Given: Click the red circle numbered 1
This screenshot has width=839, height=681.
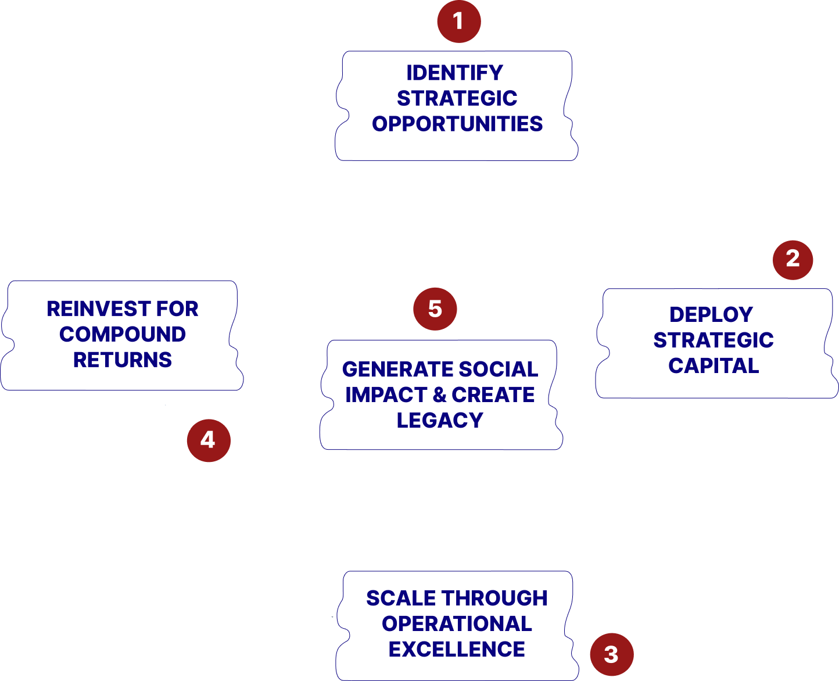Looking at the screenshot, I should [x=458, y=21].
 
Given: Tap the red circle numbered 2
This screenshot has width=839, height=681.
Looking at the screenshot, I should [x=793, y=259].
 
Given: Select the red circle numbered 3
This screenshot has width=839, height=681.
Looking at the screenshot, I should [x=611, y=654].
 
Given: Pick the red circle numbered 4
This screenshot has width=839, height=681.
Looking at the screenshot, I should [x=208, y=440].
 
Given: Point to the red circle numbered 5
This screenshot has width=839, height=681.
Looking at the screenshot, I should [x=435, y=309].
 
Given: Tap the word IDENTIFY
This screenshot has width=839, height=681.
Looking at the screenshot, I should [x=454, y=73].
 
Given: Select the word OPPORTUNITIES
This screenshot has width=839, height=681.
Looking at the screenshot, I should [x=457, y=124].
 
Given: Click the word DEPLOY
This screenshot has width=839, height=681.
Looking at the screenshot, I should [x=711, y=314].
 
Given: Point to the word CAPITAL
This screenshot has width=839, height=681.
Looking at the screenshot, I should [x=713, y=365].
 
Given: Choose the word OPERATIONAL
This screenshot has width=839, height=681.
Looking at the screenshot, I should [x=457, y=623].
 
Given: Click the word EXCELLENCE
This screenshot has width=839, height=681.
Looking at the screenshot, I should [x=457, y=649].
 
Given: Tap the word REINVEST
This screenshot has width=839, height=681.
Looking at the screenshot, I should [x=96, y=309].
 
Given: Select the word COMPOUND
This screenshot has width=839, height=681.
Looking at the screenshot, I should [x=123, y=334].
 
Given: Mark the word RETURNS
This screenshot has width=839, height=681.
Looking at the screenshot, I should [x=123, y=360].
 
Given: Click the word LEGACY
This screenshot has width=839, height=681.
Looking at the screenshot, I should [x=440, y=420].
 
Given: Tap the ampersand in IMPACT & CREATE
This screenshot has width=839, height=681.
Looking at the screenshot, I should [x=440, y=395].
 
